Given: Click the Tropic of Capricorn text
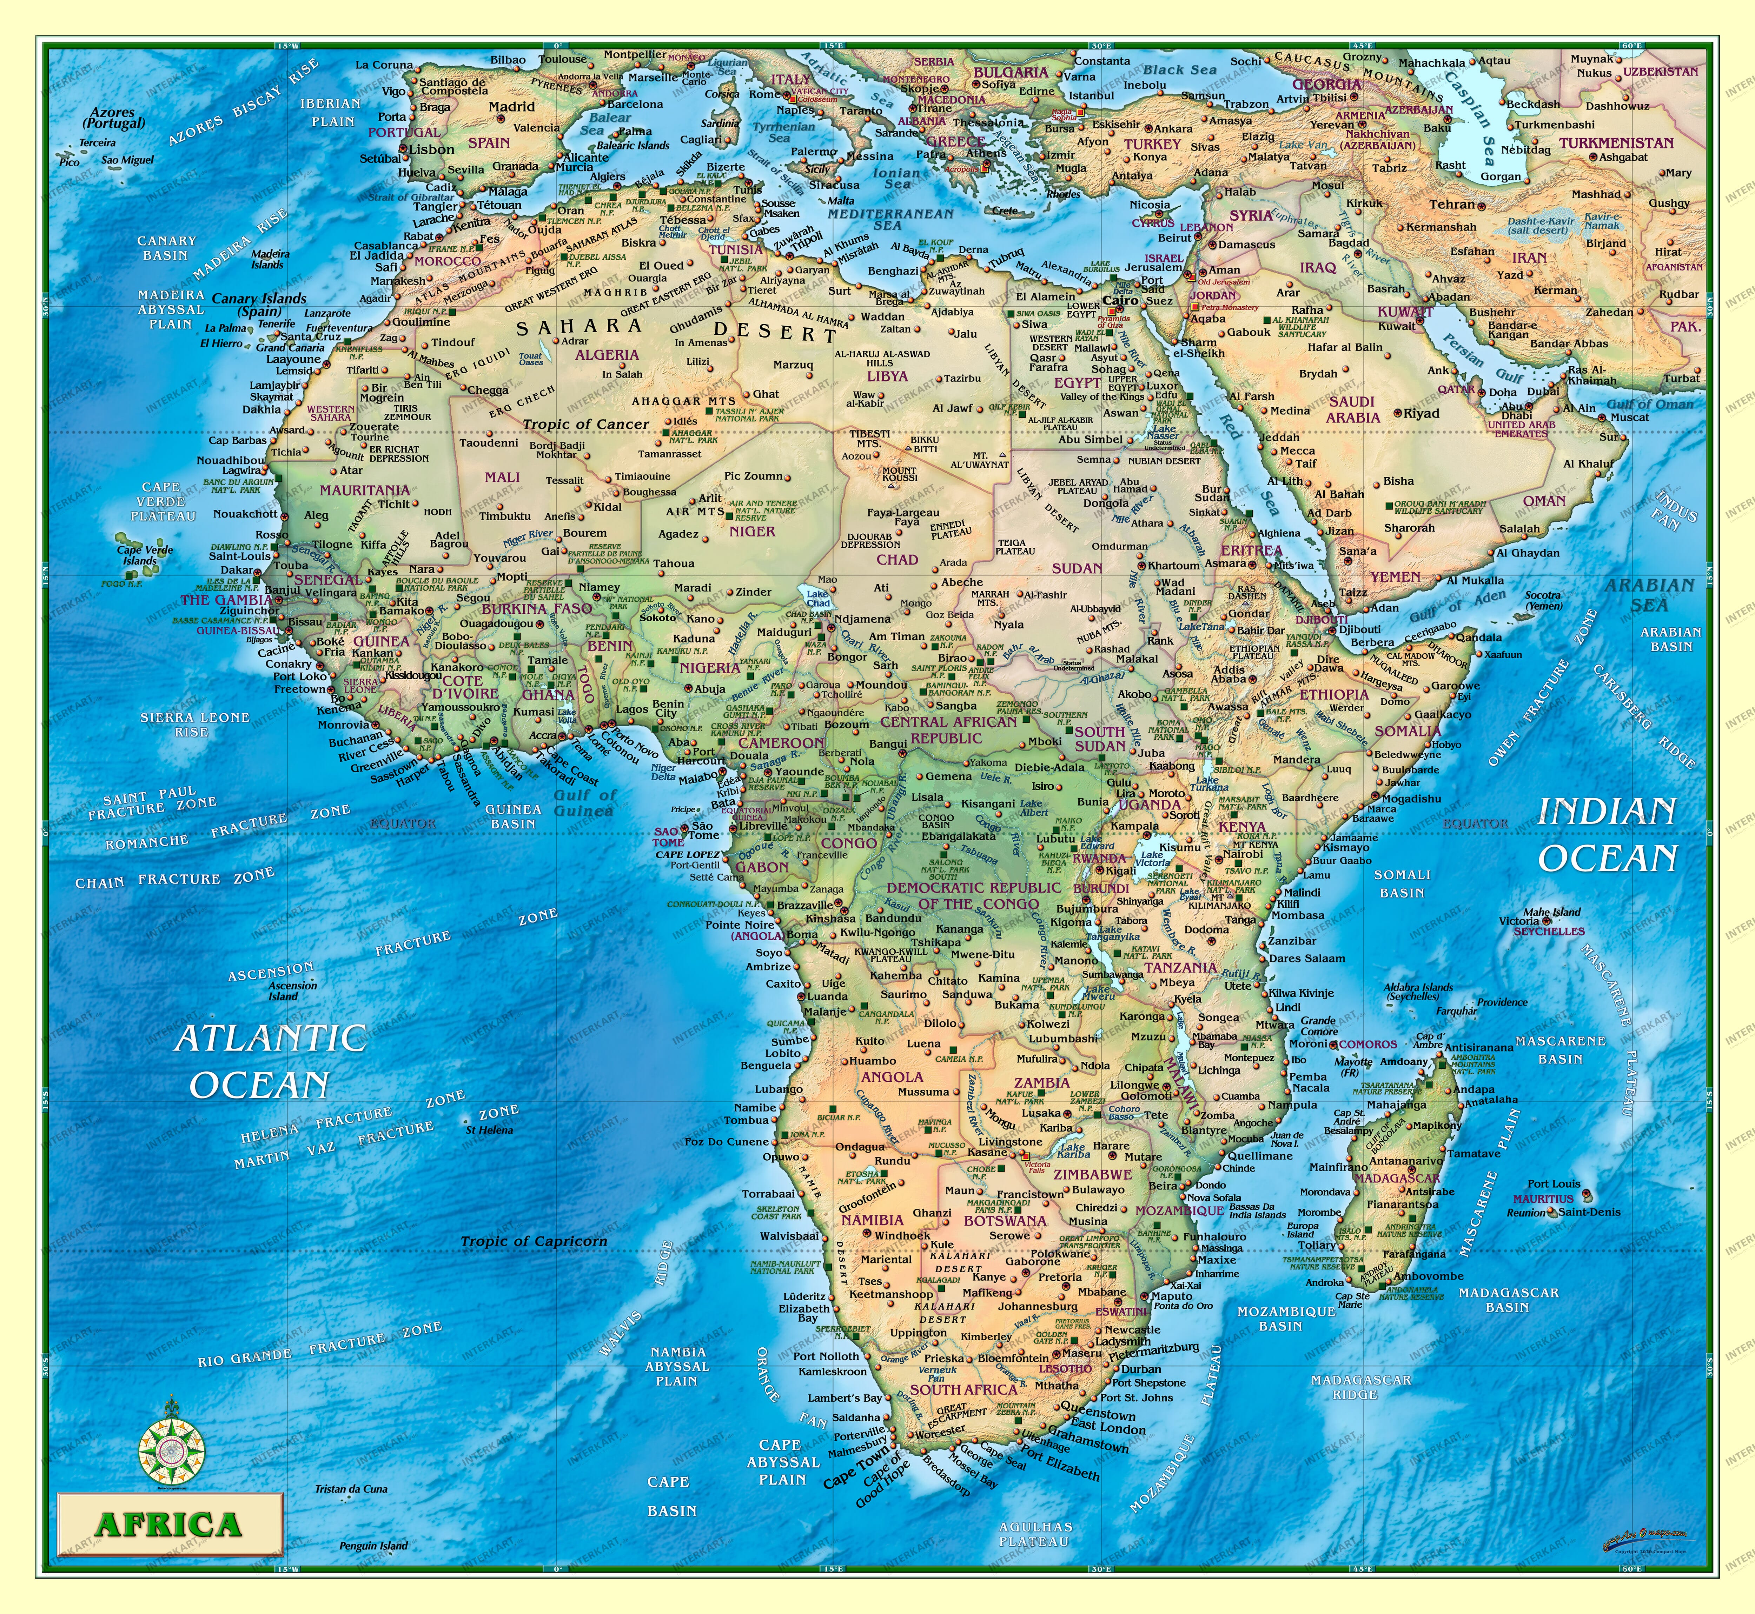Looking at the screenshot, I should (x=533, y=1241).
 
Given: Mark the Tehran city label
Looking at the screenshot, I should (x=1452, y=204).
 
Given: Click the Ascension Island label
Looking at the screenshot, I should (x=283, y=991).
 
